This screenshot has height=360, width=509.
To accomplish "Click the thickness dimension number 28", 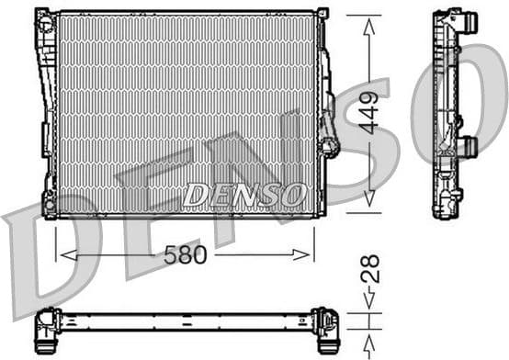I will coord(368,270).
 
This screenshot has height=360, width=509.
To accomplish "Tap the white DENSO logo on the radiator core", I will coord(243,195).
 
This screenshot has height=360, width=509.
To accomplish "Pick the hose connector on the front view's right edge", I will coord(329,138).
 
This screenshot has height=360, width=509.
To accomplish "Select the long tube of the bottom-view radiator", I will coord(184,321).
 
